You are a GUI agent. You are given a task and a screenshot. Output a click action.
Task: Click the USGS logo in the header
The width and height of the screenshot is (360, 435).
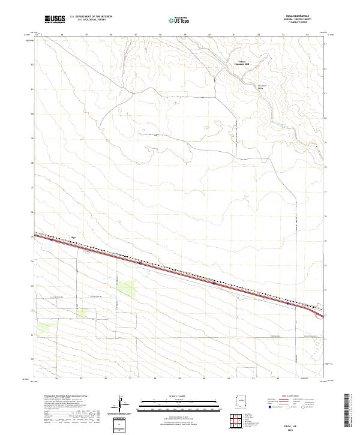(x=55, y=19)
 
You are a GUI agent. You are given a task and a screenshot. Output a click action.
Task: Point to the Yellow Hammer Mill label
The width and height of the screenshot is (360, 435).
(x=240, y=62)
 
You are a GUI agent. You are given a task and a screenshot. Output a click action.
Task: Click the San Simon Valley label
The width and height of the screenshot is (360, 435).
(x=262, y=87)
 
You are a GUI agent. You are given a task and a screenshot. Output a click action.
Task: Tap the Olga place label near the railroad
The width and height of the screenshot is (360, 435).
(x=74, y=237)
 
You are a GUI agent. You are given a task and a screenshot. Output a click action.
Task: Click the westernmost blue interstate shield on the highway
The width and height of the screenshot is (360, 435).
(x=51, y=241)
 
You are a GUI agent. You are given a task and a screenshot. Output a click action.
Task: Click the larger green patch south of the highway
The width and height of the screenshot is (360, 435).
(x=127, y=287)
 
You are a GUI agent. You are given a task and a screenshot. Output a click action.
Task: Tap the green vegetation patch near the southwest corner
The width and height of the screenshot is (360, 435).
(x=45, y=328)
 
